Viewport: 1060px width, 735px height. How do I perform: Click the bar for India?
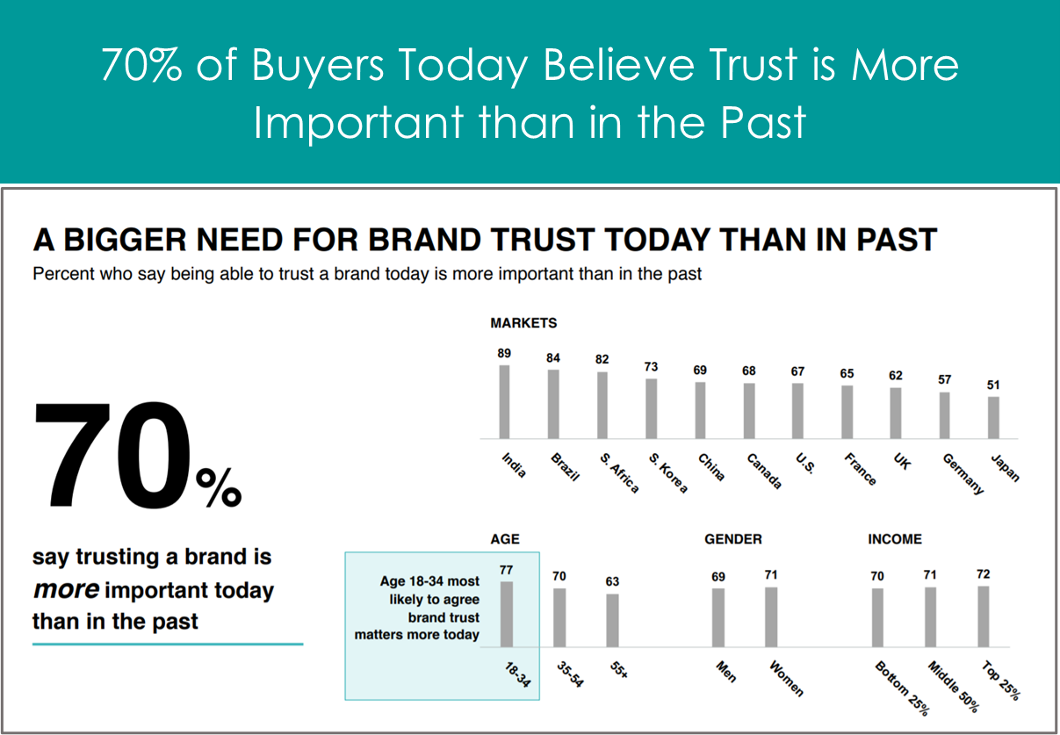pos(504,402)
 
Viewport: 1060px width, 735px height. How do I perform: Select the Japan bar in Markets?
pos(993,417)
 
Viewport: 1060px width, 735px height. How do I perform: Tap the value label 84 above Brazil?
pos(552,357)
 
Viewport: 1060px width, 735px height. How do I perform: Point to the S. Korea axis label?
pos(667,472)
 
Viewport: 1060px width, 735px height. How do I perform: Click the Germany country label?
pos(963,473)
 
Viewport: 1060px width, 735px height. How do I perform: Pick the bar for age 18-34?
pos(507,615)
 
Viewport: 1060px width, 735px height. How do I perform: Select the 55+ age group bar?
pos(612,621)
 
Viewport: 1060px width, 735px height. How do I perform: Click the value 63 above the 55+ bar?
pos(612,581)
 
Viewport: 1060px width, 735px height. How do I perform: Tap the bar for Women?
pos(771,617)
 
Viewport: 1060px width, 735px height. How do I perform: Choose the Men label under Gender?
pos(726,672)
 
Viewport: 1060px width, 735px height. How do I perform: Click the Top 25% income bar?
pos(984,616)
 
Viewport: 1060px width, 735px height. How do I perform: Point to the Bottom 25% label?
pos(902,688)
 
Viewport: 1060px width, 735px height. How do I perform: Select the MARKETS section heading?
pos(523,323)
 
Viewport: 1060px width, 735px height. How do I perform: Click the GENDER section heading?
pos(733,539)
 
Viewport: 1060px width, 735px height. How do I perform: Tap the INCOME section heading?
pos(895,539)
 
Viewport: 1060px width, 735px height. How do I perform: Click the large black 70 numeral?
pos(112,455)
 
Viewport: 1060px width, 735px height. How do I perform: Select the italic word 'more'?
pos(66,590)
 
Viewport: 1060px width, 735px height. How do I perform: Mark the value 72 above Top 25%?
pos(984,574)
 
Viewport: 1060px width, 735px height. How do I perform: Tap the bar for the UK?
pos(895,414)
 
